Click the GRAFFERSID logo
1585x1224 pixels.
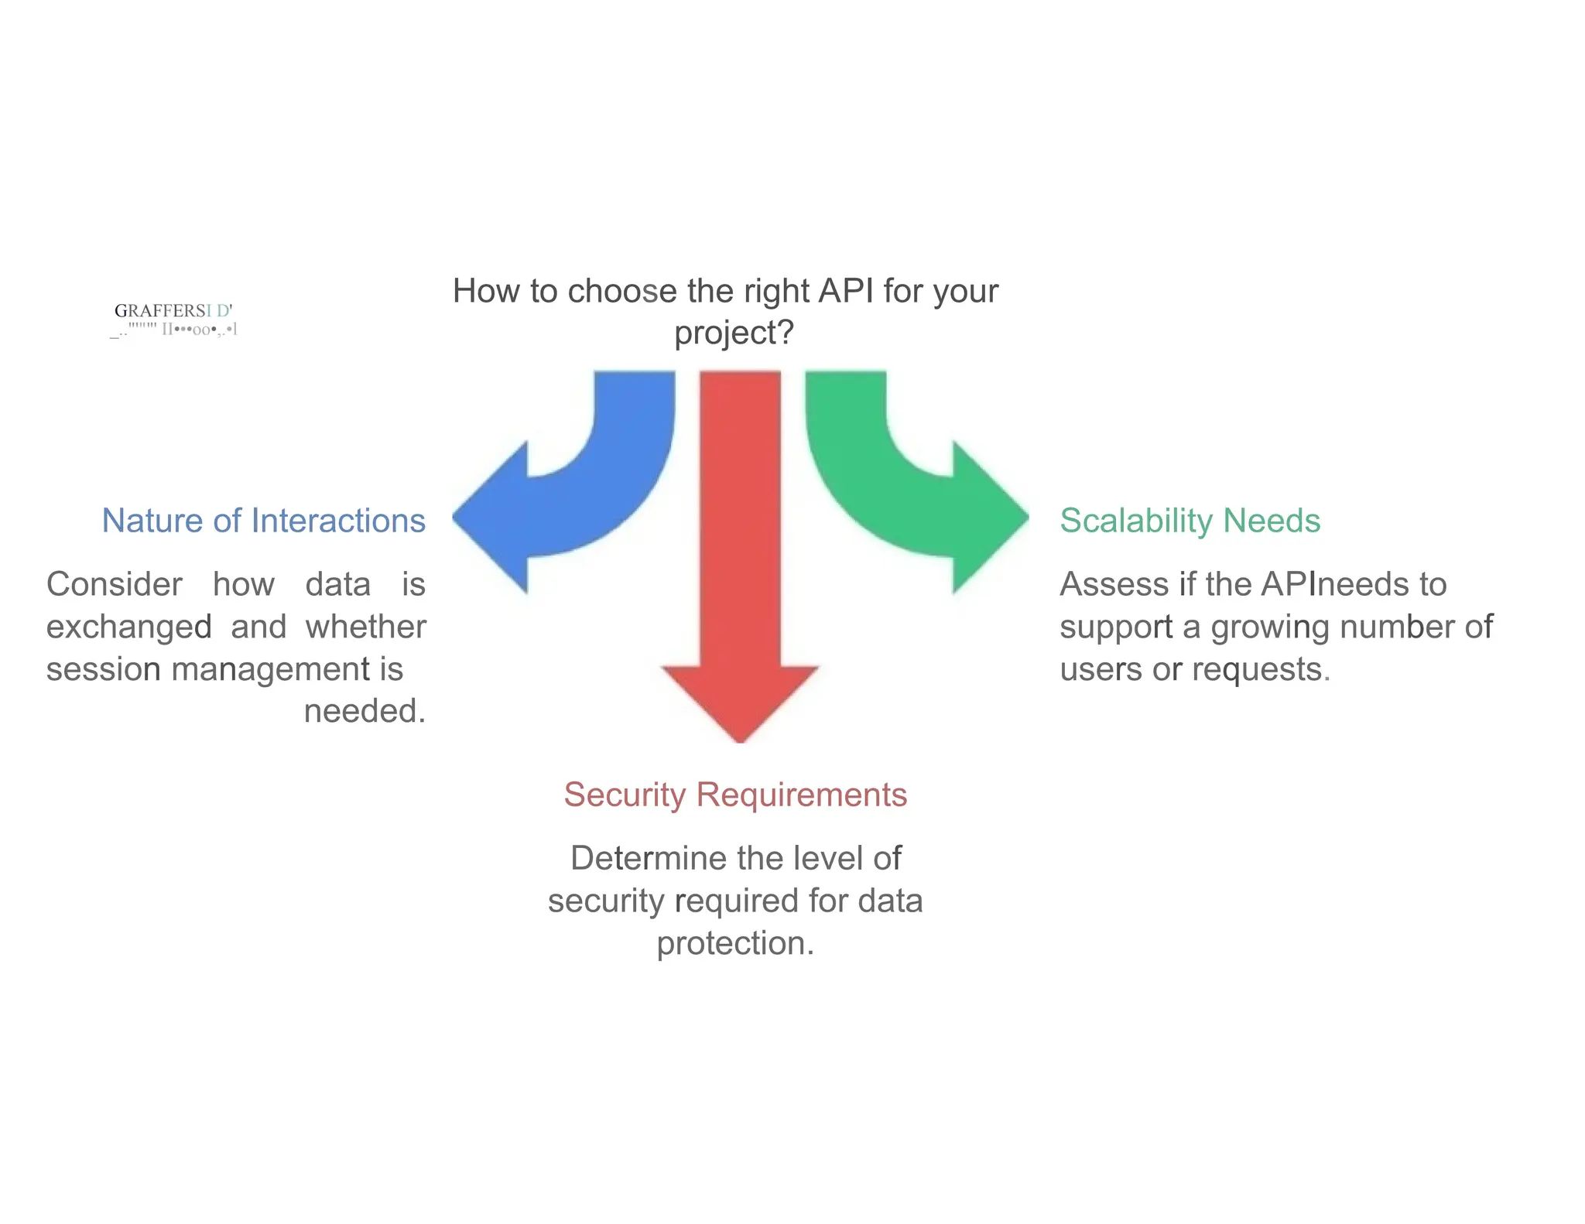(173, 320)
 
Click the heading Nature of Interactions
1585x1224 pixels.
(264, 521)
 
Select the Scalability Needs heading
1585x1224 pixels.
(1190, 521)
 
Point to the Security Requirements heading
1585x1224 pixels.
(735, 795)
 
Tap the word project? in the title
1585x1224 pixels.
(734, 333)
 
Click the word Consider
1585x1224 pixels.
(115, 584)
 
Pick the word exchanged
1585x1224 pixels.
(128, 627)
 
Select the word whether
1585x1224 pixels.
(365, 627)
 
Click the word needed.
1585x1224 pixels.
(364, 711)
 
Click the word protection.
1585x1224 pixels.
(734, 943)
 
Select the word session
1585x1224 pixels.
(104, 669)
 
